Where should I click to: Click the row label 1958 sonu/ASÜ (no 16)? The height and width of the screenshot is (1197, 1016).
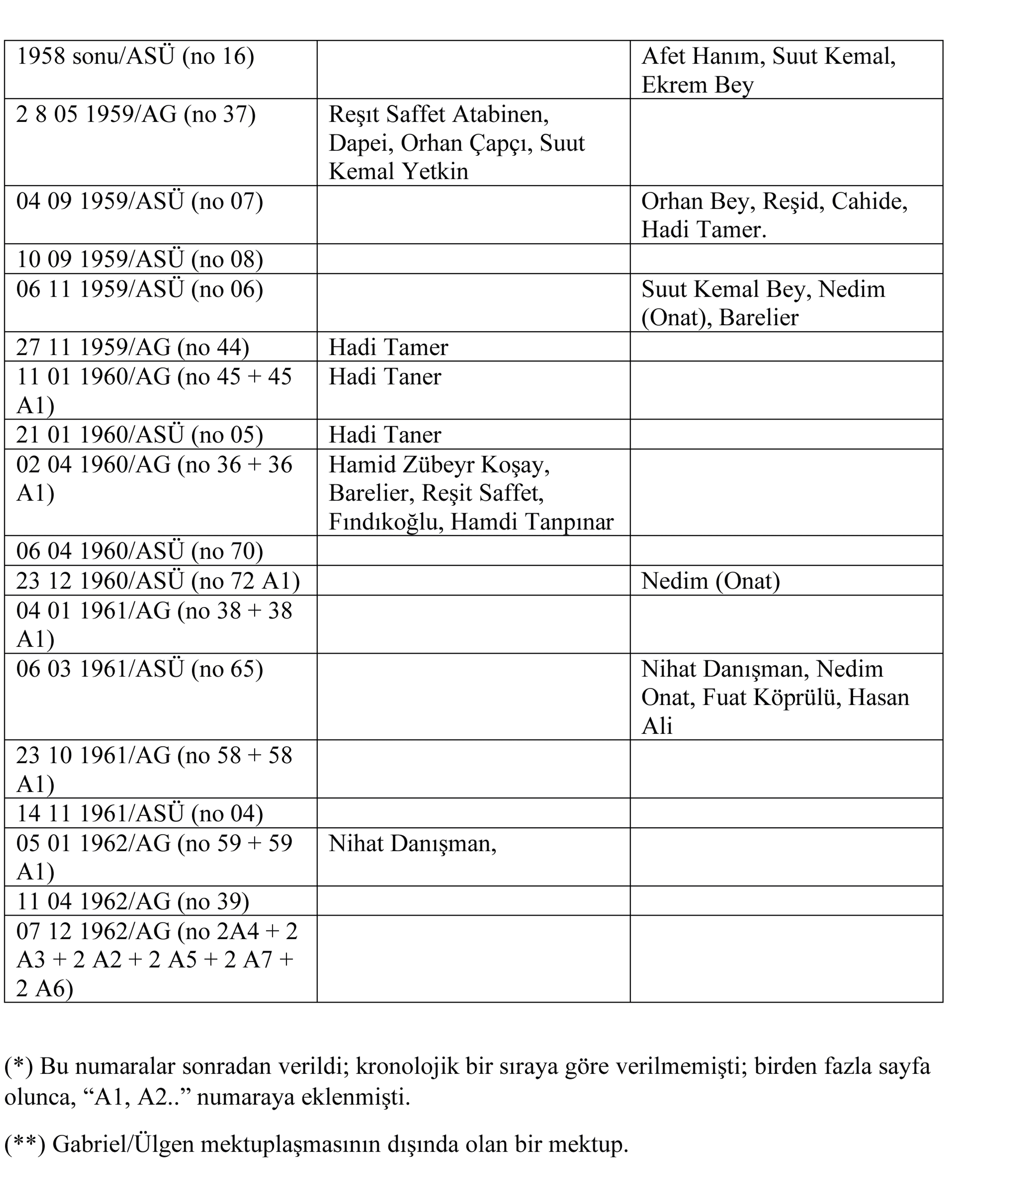click(135, 56)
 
